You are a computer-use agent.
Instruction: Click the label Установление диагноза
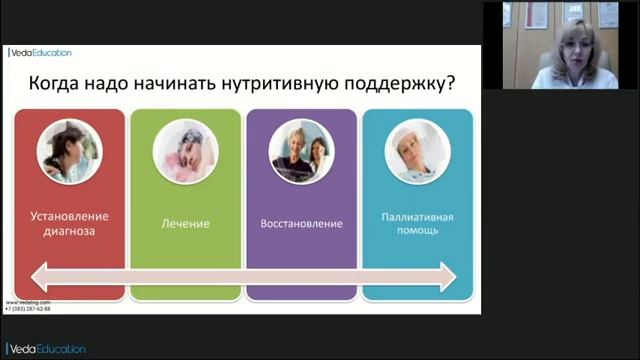[x=69, y=223]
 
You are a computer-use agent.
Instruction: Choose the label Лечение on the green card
[x=185, y=223]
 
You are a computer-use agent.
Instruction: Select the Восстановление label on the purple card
[x=301, y=223]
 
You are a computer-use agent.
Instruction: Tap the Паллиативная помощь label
[x=417, y=223]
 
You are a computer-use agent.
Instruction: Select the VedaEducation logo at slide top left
[x=40, y=53]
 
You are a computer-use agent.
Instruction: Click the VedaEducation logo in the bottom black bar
[x=47, y=349]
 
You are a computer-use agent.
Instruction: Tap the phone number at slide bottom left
[x=28, y=309]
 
